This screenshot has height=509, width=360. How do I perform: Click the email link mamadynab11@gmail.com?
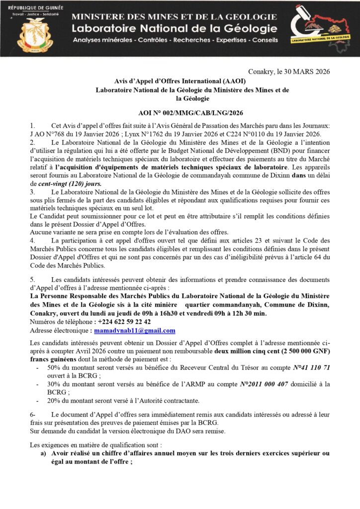click(x=135, y=331)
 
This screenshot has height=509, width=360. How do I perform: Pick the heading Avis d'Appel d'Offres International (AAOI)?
click(x=180, y=81)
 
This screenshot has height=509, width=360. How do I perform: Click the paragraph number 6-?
click(x=33, y=415)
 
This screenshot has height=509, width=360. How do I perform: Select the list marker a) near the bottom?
click(x=44, y=453)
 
